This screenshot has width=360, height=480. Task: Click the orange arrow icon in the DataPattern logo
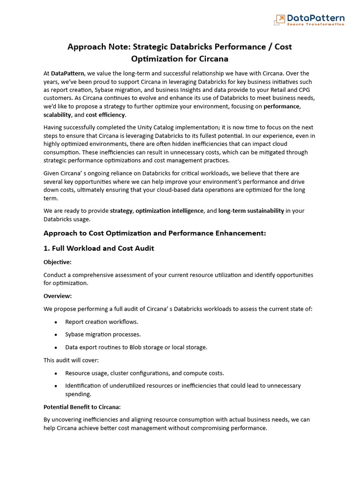pyautogui.click(x=279, y=19)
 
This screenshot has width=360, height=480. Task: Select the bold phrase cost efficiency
pyautogui.click(x=105, y=115)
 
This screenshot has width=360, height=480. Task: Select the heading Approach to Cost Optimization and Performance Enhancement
pyautogui.click(x=155, y=233)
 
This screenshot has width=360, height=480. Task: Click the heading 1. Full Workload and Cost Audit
pyautogui.click(x=98, y=248)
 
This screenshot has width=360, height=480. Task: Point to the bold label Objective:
pyautogui.click(x=57, y=262)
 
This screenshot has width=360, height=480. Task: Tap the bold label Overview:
pyautogui.click(x=57, y=296)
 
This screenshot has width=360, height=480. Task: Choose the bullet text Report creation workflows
pyautogui.click(x=102, y=322)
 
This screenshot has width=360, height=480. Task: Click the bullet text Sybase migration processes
pyautogui.click(x=103, y=334)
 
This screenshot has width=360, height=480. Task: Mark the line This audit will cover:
pyautogui.click(x=71, y=360)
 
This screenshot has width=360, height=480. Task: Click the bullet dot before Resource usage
pyautogui.click(x=56, y=374)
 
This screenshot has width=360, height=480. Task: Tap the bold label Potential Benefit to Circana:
pyautogui.click(x=82, y=407)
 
